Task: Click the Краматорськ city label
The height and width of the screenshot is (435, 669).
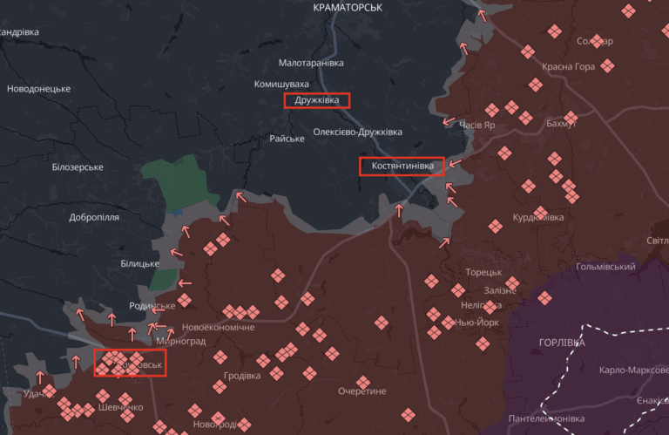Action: coord(347,7)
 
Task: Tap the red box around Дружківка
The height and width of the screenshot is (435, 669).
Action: coord(317,100)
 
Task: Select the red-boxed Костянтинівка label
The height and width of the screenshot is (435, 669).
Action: coord(402,166)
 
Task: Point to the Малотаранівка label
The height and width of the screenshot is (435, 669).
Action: coord(311,64)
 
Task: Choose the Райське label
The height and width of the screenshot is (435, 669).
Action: coord(287,139)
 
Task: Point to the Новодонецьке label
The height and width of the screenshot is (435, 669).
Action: coord(38,89)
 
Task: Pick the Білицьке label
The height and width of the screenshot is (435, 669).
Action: coord(139,264)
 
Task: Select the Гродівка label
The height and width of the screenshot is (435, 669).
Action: coord(241,377)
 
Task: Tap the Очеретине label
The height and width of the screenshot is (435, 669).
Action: coord(362,391)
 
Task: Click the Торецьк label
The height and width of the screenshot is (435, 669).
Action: coord(483,273)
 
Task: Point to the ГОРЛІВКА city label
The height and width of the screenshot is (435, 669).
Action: coord(562,343)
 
